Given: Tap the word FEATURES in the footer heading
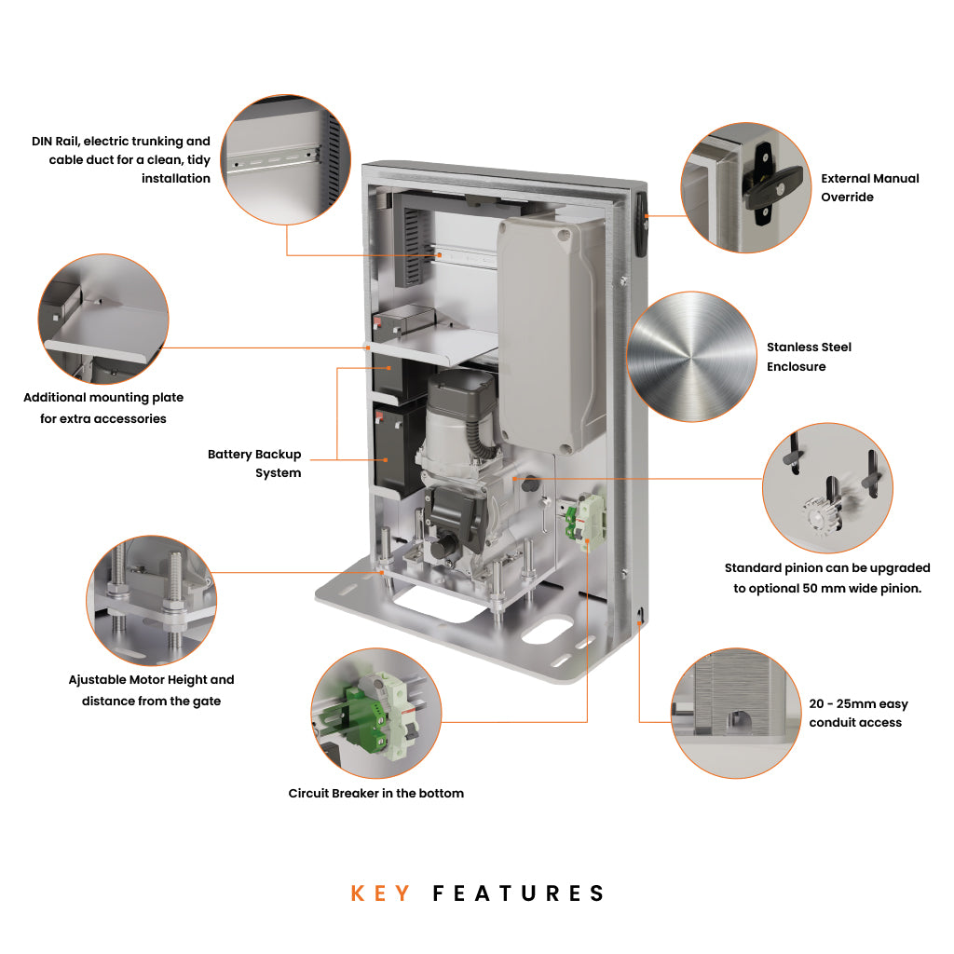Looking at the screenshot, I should click(x=519, y=893).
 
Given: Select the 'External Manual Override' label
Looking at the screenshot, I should click(x=869, y=187).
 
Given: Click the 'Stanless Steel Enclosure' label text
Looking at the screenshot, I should click(x=809, y=357).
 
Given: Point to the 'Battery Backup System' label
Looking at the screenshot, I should click(x=254, y=463).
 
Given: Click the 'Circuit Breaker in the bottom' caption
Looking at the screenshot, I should click(x=375, y=794).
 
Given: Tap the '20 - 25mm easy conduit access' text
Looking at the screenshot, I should click(x=858, y=714).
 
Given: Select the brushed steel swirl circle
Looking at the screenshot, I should click(x=690, y=356).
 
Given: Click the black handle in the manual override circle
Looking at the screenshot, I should click(x=761, y=183).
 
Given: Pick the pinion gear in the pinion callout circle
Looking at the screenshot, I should click(x=817, y=513).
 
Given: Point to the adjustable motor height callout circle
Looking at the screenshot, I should click(x=152, y=600).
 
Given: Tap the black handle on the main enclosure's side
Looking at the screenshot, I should click(x=640, y=224).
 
